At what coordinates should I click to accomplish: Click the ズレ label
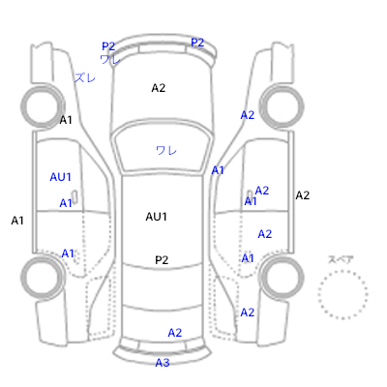pos(85,77)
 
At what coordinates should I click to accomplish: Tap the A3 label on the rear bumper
pos(163,363)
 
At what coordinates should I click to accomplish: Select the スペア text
pos(341,259)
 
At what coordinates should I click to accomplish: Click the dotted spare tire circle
pos(342,271)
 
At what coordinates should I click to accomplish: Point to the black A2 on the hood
pos(159,88)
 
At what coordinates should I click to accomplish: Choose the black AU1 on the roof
pos(157,217)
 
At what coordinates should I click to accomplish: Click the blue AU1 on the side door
pos(60,177)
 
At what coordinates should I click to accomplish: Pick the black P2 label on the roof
pos(162,260)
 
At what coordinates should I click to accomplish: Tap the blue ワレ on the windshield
pos(166,150)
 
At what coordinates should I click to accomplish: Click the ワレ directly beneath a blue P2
pos(110,59)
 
